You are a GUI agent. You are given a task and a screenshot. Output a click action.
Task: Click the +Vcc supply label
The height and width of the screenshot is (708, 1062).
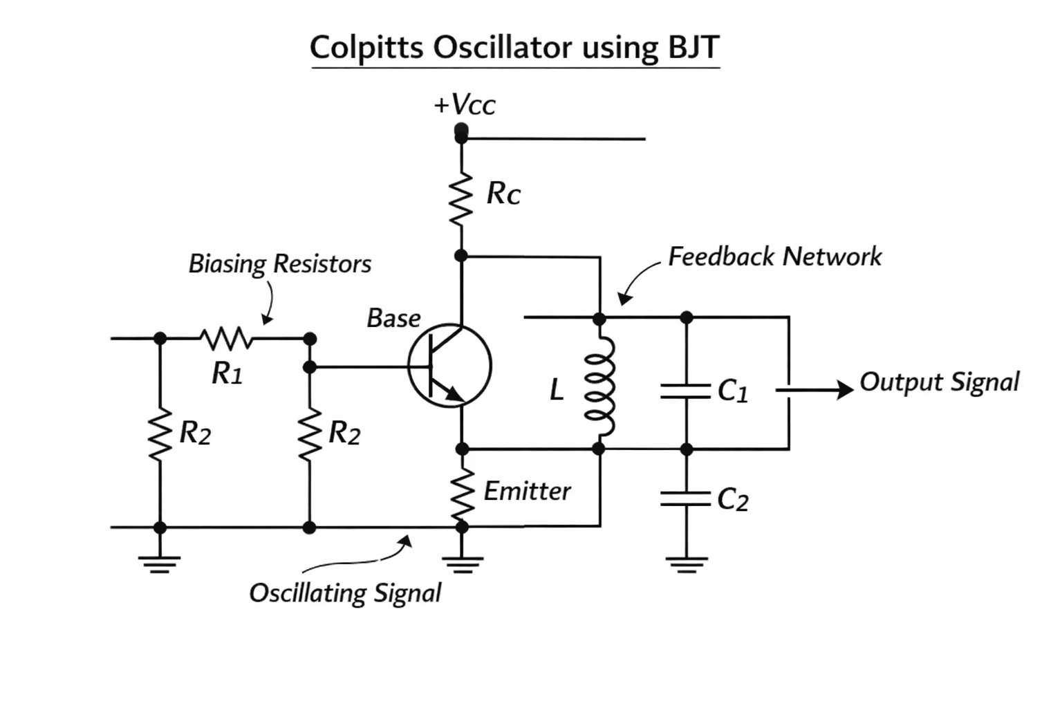coord(465,104)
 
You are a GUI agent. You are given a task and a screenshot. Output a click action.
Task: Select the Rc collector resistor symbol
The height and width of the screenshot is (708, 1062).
coord(461,198)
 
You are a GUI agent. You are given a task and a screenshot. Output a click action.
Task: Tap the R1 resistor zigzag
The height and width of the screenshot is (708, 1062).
coord(226,339)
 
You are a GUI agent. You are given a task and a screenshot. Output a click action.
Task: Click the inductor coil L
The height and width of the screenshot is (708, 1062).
coord(599,386)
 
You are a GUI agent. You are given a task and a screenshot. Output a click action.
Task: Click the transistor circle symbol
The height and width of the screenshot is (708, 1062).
coord(449,366)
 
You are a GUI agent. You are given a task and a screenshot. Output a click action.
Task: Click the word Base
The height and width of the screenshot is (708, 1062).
coord(393,318)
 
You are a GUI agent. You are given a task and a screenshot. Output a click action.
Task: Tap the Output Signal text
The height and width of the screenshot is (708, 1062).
coord(939,382)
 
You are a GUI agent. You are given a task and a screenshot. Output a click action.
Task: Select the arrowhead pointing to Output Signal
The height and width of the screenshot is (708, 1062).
coord(845,390)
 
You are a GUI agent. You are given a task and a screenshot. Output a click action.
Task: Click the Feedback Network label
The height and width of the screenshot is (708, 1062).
coord(774,257)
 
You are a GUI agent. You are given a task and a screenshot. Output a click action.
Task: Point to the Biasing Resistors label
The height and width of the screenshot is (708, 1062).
coord(280,263)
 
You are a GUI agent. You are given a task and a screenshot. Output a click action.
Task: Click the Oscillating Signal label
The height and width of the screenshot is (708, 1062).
coord(345,593)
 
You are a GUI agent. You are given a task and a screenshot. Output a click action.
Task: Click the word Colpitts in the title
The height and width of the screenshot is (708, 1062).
coord(366,48)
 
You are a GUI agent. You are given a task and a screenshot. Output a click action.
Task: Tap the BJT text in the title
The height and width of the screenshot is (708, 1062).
coord(693,47)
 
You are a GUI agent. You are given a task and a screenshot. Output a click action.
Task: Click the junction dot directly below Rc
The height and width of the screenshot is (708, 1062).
coord(461,256)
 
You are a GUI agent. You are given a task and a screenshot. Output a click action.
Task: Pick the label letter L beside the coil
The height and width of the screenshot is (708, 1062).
coord(557,391)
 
